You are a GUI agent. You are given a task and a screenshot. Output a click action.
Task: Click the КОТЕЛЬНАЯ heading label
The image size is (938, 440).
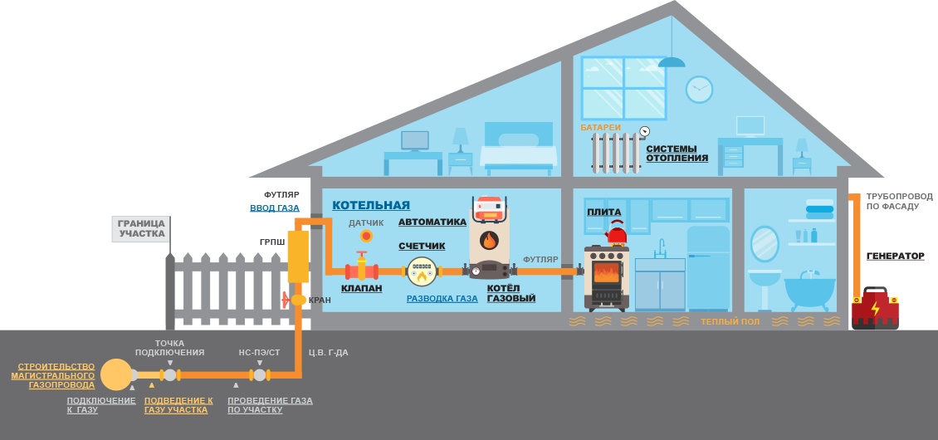[371, 205]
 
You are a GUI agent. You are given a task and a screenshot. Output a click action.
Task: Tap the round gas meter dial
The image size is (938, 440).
[422, 271]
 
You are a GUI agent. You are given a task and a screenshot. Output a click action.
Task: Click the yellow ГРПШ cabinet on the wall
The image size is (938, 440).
[298, 256]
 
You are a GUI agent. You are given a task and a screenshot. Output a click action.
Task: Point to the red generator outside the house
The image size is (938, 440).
[875, 309]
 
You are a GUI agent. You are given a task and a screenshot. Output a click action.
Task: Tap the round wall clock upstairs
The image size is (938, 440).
[699, 90]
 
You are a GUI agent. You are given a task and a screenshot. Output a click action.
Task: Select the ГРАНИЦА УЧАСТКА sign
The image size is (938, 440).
[141, 228]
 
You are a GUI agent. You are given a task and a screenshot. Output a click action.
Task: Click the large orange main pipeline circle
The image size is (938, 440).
[116, 374]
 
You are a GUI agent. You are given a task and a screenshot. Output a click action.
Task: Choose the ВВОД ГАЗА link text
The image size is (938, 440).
[275, 208]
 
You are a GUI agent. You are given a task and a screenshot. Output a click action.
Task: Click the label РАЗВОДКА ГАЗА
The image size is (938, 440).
[442, 298]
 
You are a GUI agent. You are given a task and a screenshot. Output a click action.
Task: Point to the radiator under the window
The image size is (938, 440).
[616, 152]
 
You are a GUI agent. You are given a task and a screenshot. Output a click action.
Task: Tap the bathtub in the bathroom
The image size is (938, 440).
[809, 291]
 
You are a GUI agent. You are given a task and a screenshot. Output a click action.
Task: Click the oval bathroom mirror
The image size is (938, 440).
[765, 243]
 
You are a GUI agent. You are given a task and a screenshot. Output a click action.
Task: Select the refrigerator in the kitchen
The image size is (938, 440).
[708, 267]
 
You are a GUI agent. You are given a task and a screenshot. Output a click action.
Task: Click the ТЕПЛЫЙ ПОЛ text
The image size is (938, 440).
[730, 321]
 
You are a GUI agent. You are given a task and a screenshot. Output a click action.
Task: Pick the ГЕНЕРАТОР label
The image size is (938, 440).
[895, 256]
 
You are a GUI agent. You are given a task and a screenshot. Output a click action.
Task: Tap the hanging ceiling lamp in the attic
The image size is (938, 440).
[672, 61]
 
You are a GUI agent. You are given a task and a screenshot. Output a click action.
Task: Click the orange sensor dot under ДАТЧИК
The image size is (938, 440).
[366, 236]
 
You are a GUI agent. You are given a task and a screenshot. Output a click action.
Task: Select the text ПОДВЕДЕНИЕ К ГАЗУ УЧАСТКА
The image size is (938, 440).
[178, 405]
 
